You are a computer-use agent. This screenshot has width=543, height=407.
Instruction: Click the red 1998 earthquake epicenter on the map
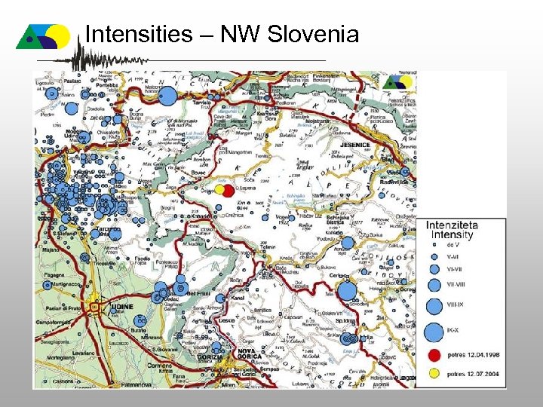point(228,191)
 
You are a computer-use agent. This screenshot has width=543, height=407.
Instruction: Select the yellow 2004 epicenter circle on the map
point(219,190)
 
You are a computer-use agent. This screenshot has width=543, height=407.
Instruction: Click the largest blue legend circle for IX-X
point(434,332)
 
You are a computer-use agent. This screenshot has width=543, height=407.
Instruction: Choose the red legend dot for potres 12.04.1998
point(434,354)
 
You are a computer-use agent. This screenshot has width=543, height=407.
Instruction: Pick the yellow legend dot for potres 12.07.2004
point(434,372)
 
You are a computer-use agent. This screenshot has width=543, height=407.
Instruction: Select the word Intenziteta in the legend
point(451,225)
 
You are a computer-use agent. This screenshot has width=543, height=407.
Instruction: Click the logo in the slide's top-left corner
point(43,35)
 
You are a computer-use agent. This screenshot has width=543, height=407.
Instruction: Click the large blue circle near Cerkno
point(347,291)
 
